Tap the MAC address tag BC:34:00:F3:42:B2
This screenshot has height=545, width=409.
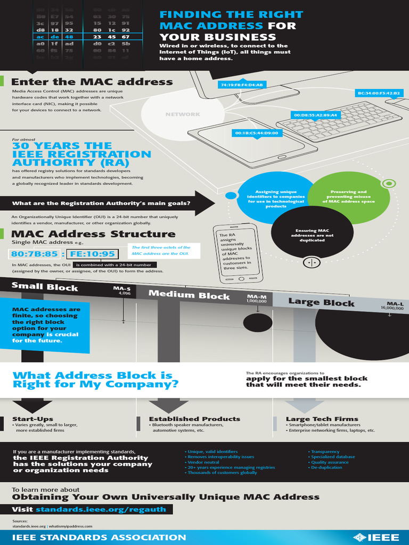(x=379, y=93)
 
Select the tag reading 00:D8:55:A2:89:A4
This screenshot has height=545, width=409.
(x=315, y=114)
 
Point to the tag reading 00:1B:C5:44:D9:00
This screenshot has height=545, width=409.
(x=256, y=133)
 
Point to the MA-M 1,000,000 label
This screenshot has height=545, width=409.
(x=256, y=299)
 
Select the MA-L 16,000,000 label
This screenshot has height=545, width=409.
(x=392, y=305)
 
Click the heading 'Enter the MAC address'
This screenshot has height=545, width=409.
(x=92, y=82)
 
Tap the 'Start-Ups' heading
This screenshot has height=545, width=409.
(x=33, y=419)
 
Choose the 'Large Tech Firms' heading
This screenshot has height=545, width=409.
(x=322, y=419)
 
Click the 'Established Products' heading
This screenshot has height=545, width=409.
(x=194, y=419)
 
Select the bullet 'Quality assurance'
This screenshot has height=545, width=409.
(x=330, y=462)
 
